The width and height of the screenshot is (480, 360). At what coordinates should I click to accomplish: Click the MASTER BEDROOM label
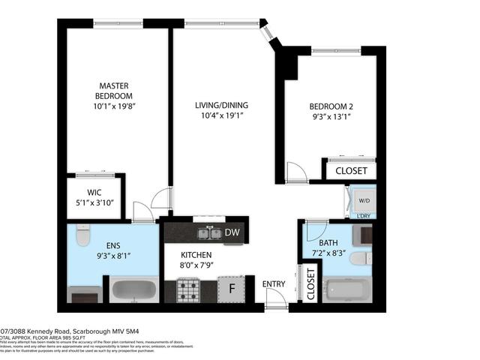click(x=114, y=91)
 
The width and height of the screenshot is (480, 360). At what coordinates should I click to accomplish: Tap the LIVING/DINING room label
click(x=223, y=105)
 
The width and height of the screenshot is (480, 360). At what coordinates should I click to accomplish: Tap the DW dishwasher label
click(x=232, y=233)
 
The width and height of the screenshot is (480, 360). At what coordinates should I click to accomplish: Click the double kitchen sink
click(x=209, y=234)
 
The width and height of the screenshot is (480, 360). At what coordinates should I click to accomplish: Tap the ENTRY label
click(x=273, y=283)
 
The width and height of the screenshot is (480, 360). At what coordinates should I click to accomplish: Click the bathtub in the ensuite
click(x=134, y=289)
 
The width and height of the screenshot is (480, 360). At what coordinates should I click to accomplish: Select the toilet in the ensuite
click(x=82, y=237)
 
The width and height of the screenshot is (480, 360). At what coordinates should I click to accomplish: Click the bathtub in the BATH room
click(x=349, y=289)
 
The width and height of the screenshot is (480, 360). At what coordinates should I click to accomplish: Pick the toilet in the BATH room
click(x=360, y=259)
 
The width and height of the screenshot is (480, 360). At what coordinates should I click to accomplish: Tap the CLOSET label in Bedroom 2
click(x=350, y=171)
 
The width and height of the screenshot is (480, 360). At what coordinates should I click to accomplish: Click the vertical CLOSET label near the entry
click(x=310, y=284)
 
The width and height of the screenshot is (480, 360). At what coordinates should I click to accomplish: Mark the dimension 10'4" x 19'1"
click(x=223, y=115)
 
